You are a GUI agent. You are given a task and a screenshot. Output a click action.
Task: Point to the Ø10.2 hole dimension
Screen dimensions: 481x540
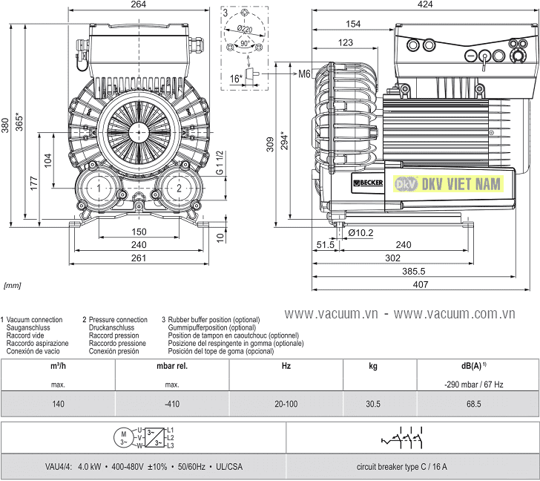click(x=360, y=232)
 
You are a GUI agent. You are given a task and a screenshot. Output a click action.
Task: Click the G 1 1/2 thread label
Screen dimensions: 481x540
click(x=219, y=163)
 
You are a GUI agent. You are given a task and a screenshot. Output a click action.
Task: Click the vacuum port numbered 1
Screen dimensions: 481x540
click(x=99, y=189)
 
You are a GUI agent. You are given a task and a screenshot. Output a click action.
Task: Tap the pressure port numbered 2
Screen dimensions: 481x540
click(x=178, y=189)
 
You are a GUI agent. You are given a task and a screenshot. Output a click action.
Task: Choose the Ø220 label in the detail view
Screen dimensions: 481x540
click(x=246, y=30)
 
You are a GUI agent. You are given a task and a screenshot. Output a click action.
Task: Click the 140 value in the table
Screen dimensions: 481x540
click(x=59, y=404)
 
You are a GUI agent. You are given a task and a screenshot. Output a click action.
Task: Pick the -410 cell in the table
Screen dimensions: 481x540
click(x=172, y=404)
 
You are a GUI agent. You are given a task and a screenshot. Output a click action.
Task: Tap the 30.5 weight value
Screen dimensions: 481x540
click(x=372, y=404)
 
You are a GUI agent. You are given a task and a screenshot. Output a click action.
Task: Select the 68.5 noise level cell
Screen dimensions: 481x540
click(x=473, y=404)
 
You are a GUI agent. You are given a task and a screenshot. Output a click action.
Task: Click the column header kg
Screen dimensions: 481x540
click(x=372, y=367)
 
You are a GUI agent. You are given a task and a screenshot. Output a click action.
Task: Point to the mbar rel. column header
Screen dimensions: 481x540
click(x=172, y=367)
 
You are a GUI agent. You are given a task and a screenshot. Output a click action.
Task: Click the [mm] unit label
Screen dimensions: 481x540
click(x=13, y=284)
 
